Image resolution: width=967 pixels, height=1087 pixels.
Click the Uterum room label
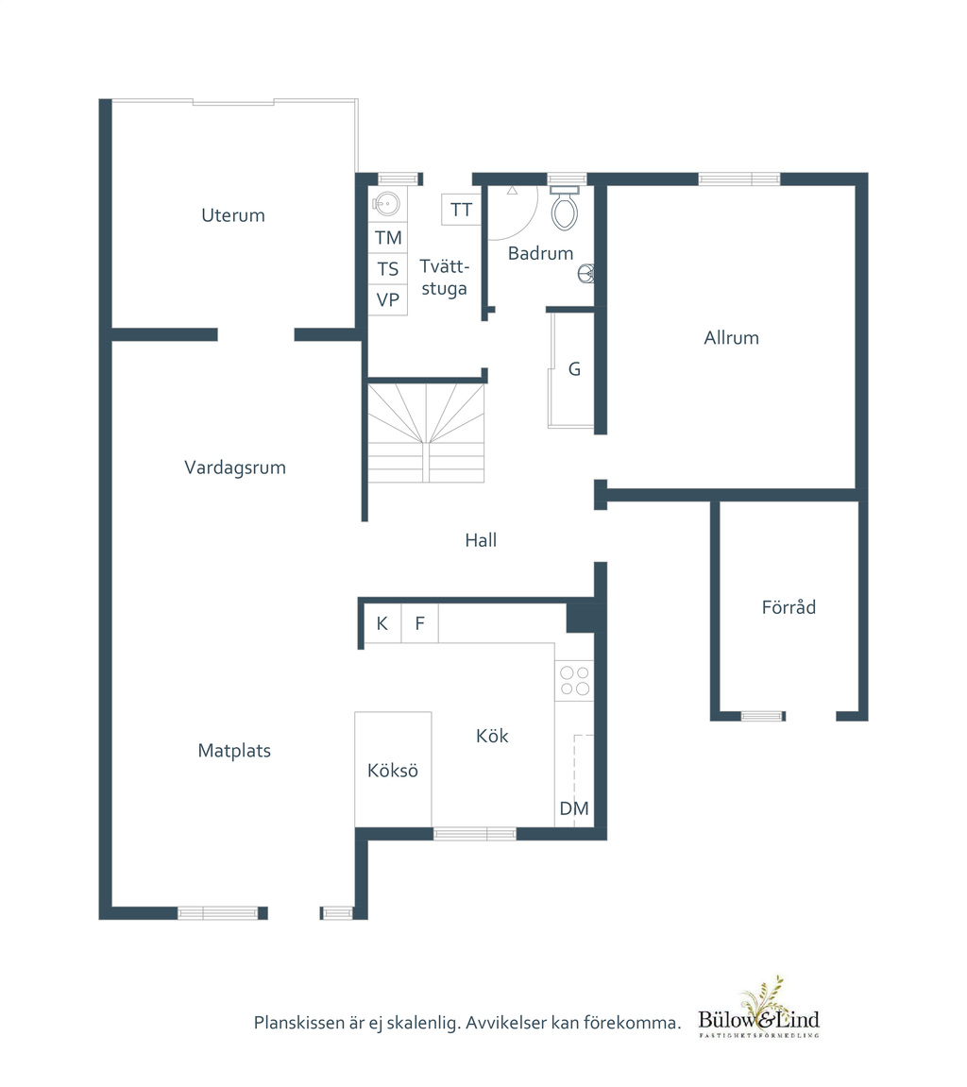click(x=233, y=215)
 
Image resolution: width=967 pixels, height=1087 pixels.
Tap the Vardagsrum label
click(x=235, y=467)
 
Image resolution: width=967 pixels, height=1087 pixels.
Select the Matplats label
click(x=234, y=751)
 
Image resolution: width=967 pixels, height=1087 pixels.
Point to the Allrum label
click(x=731, y=337)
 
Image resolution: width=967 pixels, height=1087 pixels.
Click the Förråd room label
click(x=789, y=607)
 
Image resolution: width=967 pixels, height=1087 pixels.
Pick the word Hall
click(x=481, y=540)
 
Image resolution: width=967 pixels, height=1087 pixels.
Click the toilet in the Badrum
click(x=565, y=208)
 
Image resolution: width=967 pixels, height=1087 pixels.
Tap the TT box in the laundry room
click(x=461, y=210)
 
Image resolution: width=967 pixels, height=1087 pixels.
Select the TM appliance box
click(x=387, y=238)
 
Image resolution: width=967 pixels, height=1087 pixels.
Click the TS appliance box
click(x=387, y=269)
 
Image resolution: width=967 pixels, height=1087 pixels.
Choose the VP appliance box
click(x=387, y=300)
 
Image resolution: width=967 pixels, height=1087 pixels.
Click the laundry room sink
click(x=386, y=204)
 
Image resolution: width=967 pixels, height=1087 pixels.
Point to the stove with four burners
click(x=575, y=680)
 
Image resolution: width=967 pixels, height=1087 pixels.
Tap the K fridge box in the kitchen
click(x=382, y=623)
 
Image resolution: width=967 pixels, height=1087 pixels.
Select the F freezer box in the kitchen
click(x=419, y=623)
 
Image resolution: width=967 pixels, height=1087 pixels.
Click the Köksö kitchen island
click(x=393, y=769)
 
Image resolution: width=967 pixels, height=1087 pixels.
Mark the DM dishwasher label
click(x=574, y=808)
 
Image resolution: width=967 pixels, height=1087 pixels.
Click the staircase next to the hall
click(x=426, y=433)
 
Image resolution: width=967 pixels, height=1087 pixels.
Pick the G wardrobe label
click(x=574, y=369)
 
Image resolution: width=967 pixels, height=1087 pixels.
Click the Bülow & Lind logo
click(x=758, y=1010)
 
